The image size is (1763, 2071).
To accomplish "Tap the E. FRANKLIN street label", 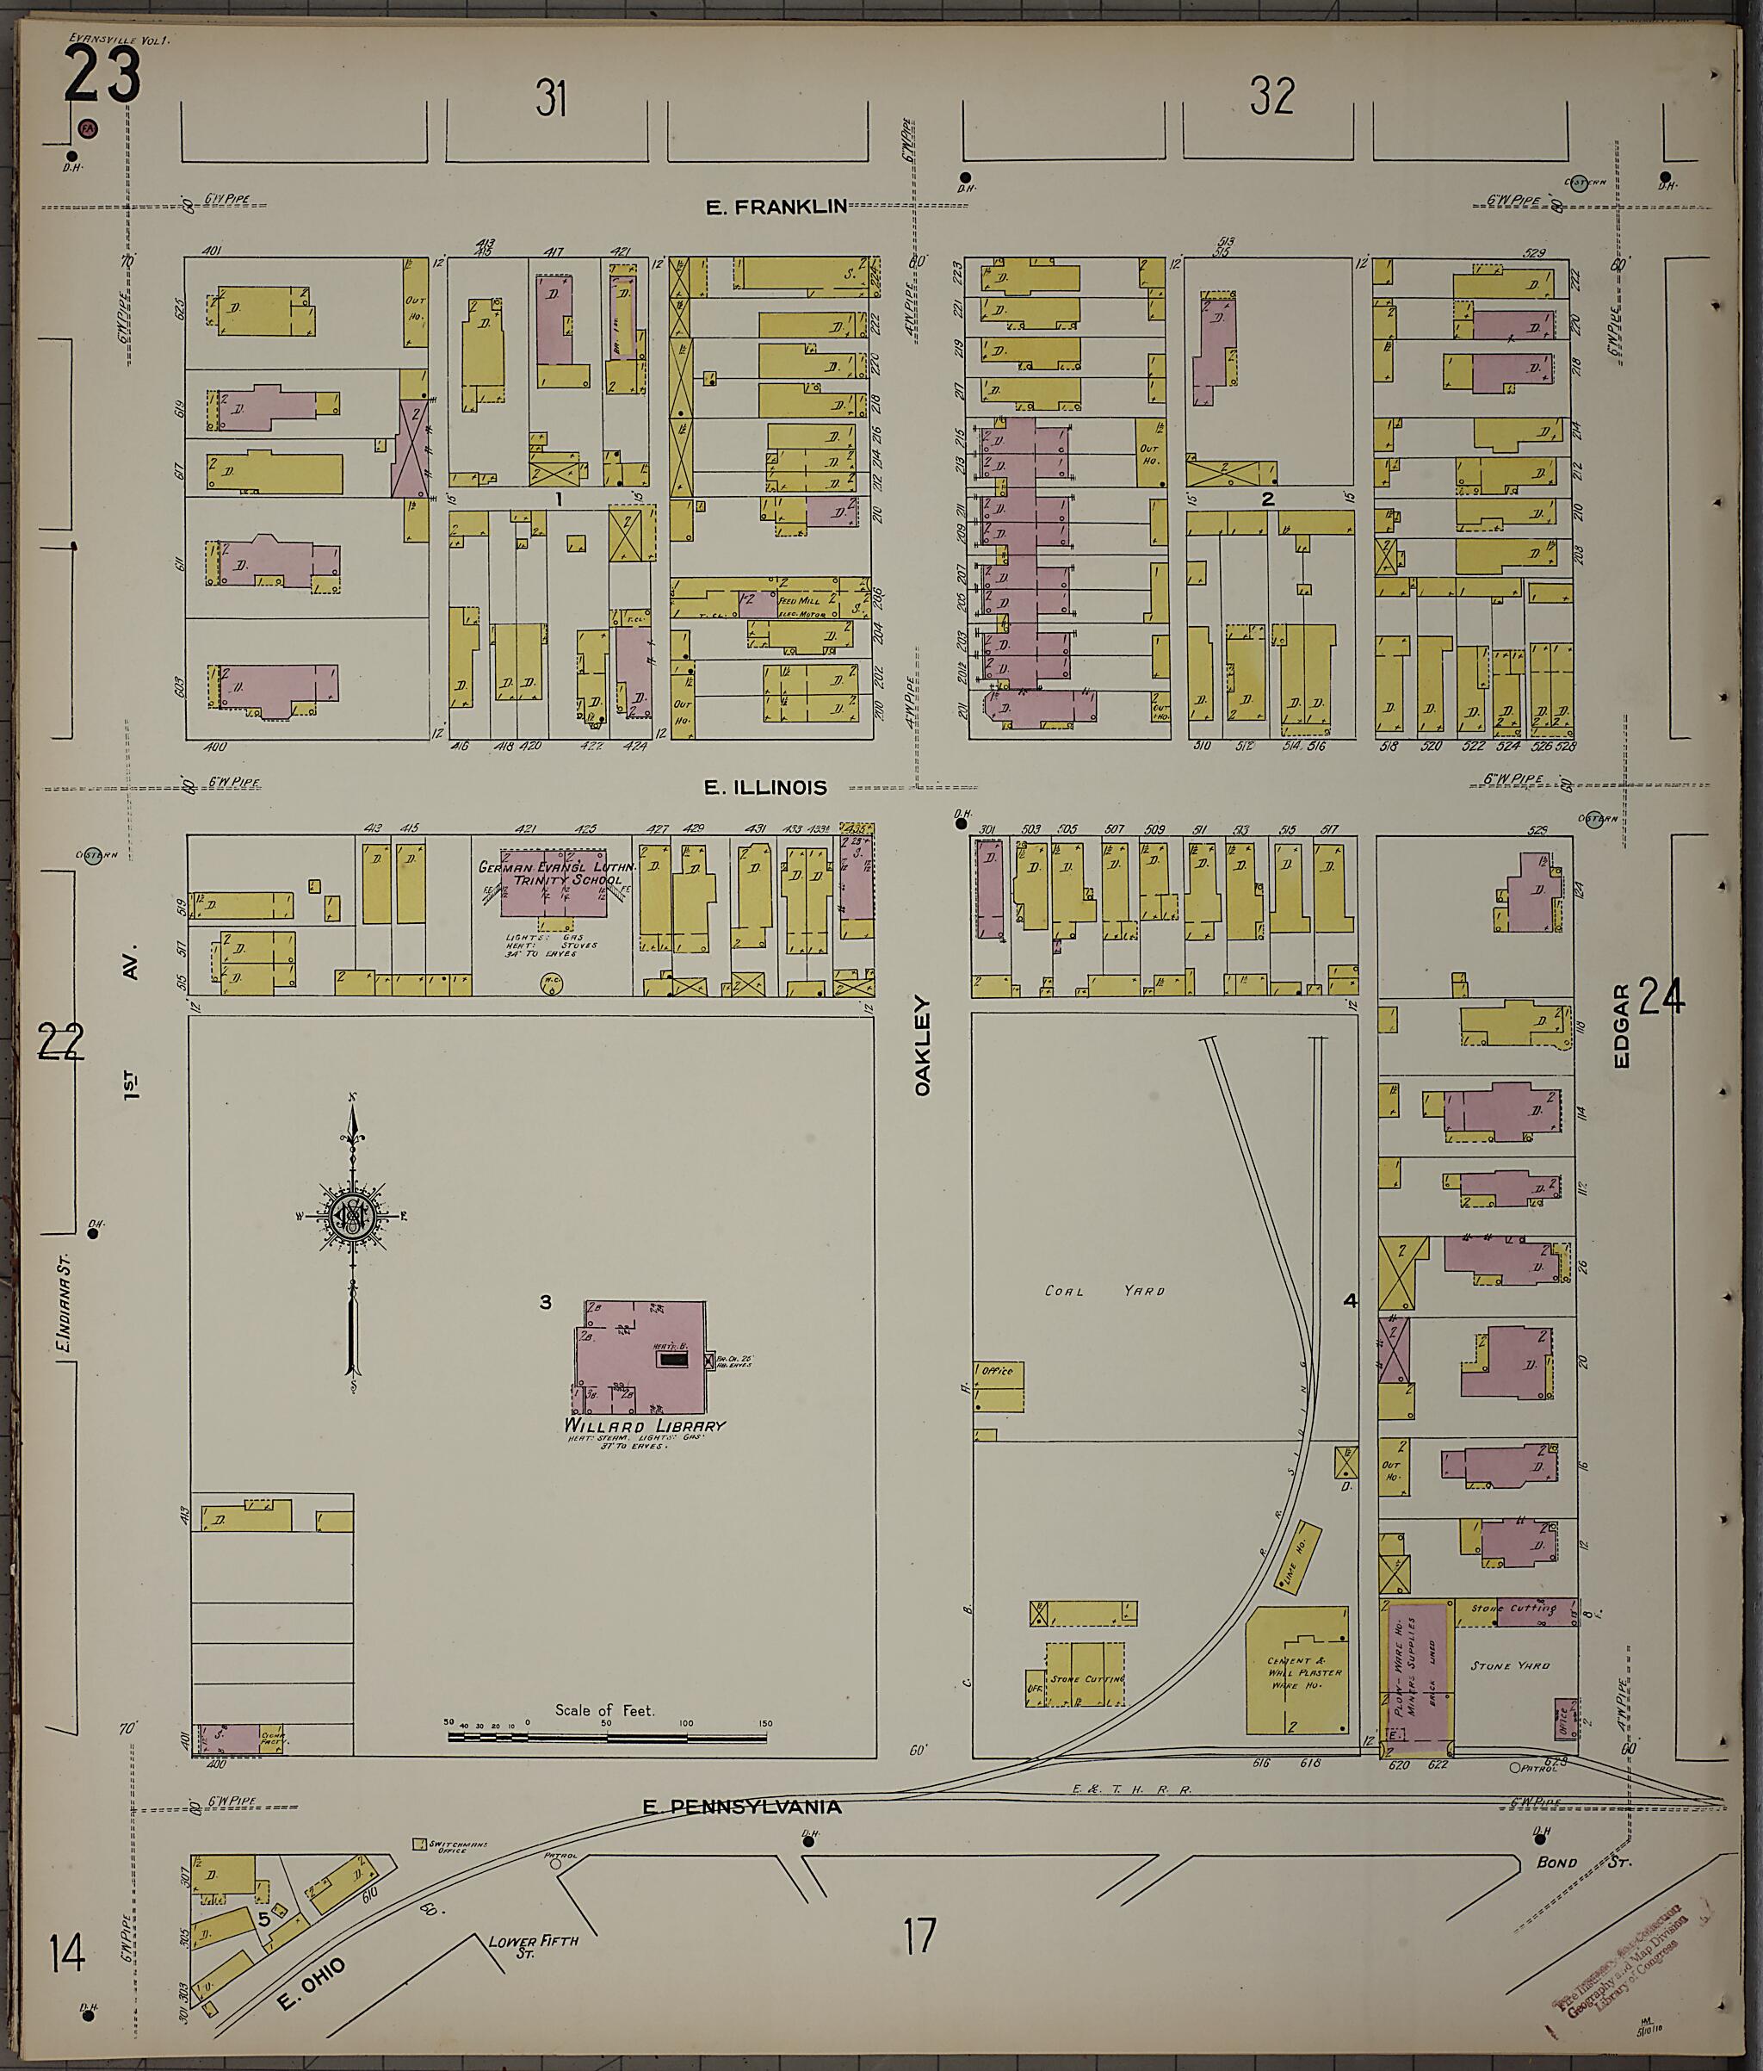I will [x=776, y=207].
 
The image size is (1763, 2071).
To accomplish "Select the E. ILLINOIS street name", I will [x=765, y=788].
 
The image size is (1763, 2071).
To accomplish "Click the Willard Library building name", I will [x=645, y=1426].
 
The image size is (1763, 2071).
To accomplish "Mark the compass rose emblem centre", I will [x=352, y=1217].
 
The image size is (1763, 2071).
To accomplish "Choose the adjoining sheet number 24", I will [x=1661, y=997].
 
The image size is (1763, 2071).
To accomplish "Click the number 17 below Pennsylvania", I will [x=919, y=1936].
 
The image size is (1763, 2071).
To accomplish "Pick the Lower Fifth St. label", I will [x=532, y=1945].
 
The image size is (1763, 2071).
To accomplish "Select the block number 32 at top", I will [x=1271, y=97].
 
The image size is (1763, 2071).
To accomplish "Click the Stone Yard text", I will [x=1509, y=1666].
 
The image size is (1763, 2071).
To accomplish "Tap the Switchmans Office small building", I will [x=420, y=1843].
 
